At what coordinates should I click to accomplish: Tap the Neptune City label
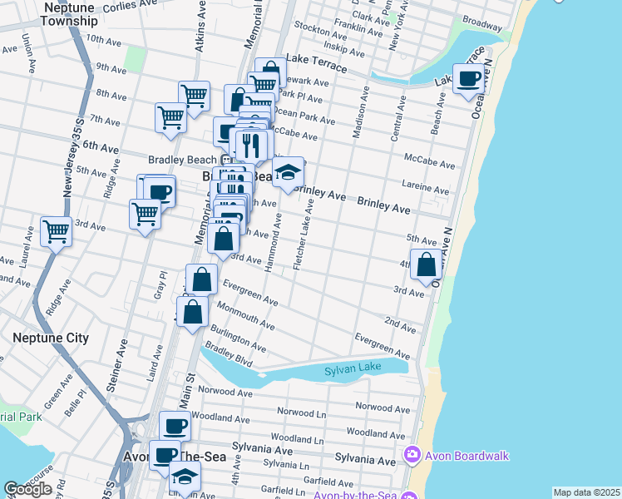click(x=51, y=338)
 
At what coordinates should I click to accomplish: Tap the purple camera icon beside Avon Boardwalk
click(x=409, y=455)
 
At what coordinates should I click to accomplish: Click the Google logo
click(x=27, y=489)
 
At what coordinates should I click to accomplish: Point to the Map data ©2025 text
click(x=586, y=492)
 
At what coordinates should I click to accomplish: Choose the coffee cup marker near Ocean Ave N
click(x=468, y=78)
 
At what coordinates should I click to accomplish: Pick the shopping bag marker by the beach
click(x=427, y=265)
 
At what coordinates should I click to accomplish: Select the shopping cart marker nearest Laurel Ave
click(x=57, y=230)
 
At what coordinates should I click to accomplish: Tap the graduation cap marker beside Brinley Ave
click(x=288, y=173)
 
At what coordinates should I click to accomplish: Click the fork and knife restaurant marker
click(x=250, y=146)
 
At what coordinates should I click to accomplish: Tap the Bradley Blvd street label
click(x=234, y=358)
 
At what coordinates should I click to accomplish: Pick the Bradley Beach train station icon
click(x=225, y=160)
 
